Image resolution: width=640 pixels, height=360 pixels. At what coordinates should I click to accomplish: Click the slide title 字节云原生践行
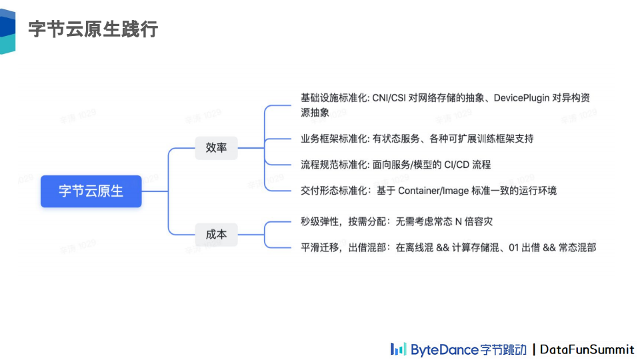coord(93,29)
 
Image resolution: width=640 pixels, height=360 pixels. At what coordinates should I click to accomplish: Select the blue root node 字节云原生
coord(91,191)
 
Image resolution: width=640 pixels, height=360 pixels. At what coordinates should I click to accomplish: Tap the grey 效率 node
coord(216,147)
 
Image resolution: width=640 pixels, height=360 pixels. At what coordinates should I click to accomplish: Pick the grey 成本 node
coord(216,234)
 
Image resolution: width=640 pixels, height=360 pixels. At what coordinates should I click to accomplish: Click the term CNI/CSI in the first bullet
coord(395,98)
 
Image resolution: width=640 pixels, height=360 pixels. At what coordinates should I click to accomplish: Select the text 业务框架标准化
coord(333,139)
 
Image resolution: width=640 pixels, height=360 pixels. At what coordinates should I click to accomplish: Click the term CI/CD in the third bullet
coord(457,165)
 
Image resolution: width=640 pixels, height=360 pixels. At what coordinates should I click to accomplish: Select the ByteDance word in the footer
coord(444,349)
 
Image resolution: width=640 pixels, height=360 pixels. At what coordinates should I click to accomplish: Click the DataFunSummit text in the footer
coord(587,349)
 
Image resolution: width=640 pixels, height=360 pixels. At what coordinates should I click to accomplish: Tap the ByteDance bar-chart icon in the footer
coord(398,349)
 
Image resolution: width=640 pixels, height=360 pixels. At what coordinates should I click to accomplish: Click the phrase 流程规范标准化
coord(333,165)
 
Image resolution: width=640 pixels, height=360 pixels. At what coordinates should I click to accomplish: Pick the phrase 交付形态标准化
coord(333,191)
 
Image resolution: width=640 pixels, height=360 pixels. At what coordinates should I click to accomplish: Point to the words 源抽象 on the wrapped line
coord(315,113)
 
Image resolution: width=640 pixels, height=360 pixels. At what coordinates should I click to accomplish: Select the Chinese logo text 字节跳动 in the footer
coord(503,349)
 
